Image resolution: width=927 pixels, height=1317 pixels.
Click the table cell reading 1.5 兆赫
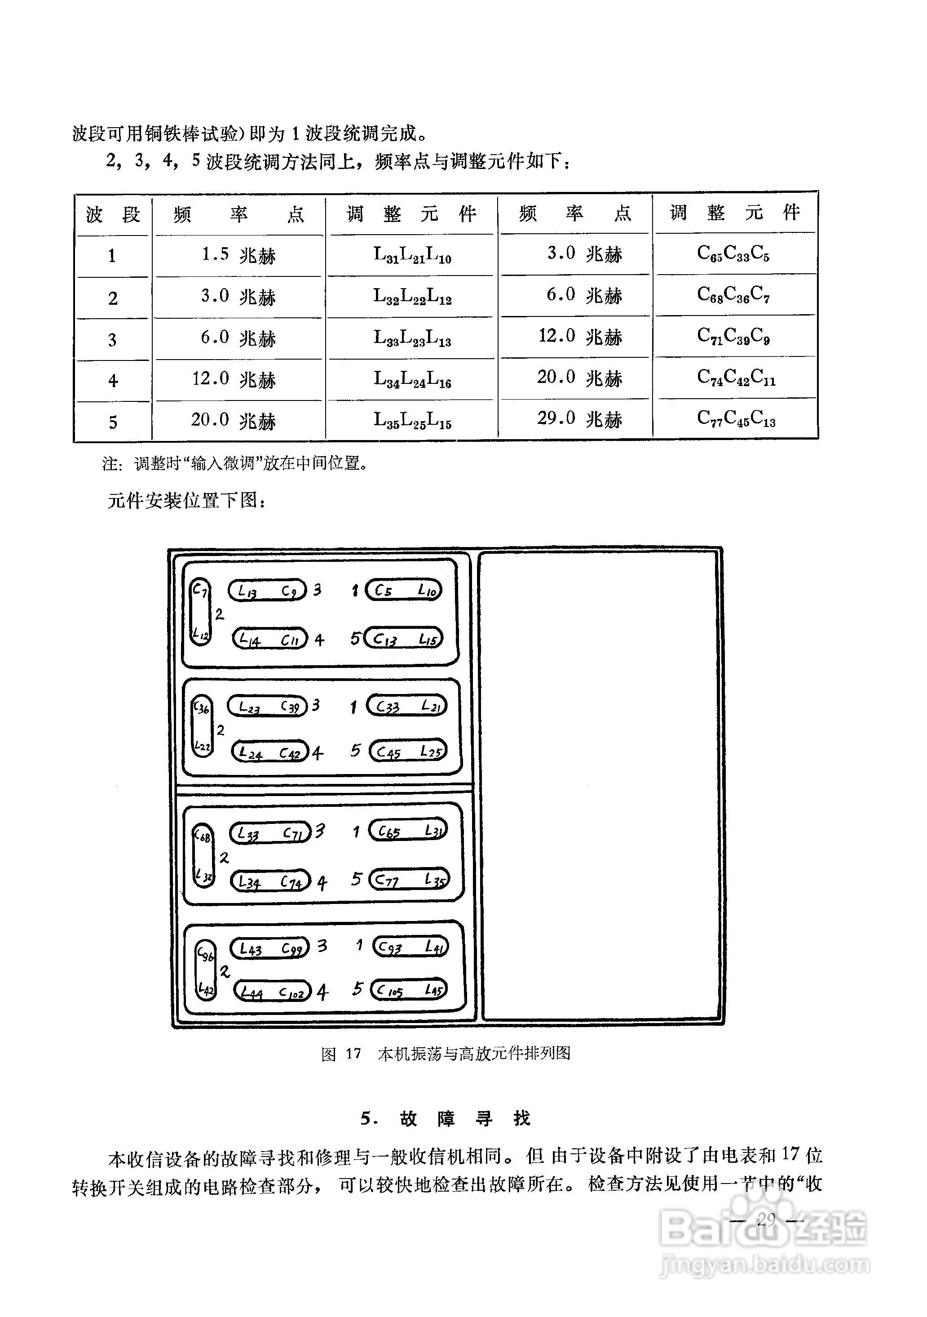click(x=238, y=255)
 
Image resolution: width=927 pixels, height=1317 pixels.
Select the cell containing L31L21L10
click(x=411, y=255)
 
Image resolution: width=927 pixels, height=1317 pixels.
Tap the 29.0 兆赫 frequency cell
click(x=579, y=419)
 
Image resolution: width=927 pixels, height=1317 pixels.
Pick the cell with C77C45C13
click(x=736, y=419)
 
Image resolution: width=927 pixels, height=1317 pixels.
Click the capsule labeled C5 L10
click(x=404, y=590)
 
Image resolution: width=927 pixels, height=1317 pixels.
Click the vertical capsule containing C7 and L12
click(x=200, y=612)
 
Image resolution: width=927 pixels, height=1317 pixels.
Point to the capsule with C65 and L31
click(x=408, y=831)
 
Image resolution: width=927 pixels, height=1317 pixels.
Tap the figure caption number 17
click(x=353, y=1054)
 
